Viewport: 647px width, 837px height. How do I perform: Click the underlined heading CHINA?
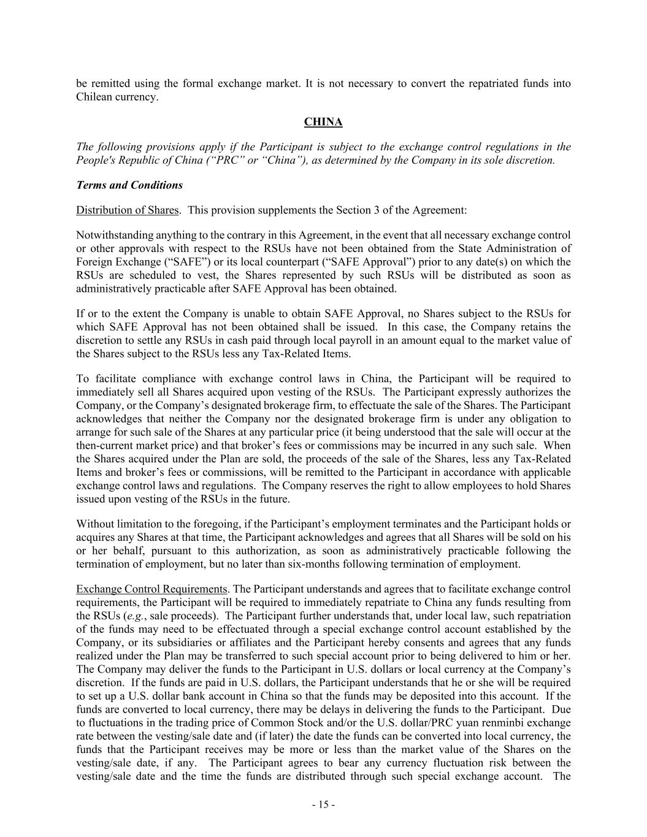(323, 122)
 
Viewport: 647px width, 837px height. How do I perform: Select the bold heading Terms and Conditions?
(129, 185)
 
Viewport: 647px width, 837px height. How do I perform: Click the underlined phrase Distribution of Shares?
(128, 210)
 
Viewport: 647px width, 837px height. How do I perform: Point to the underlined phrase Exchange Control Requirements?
(151, 589)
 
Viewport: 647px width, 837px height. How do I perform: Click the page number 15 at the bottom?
(323, 805)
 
